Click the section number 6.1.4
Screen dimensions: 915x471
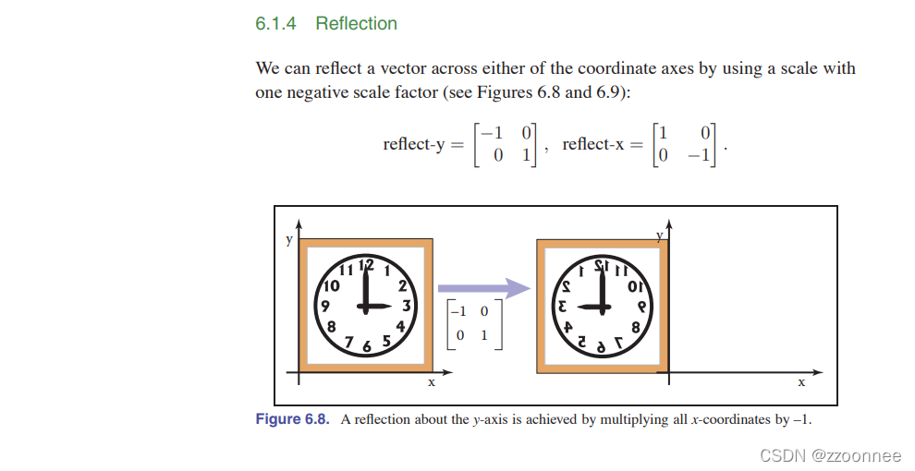[x=275, y=24]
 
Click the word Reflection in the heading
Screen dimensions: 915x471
[x=356, y=24]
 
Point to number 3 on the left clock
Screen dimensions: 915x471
[x=406, y=305]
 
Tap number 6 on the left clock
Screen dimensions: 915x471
[x=366, y=346]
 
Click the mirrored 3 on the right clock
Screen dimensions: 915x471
[x=563, y=305]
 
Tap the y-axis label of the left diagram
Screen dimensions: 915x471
[x=288, y=240]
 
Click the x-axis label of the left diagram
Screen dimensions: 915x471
[x=431, y=381]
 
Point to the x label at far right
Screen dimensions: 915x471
[x=801, y=380]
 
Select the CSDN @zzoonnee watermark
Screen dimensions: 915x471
[x=829, y=454]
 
